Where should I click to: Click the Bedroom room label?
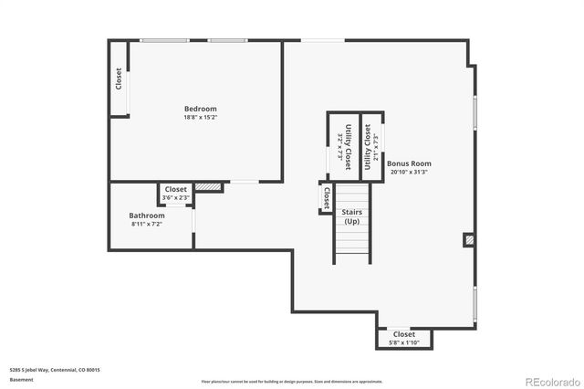click(201, 109)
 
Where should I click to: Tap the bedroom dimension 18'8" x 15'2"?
click(201, 117)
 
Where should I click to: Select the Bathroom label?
click(147, 216)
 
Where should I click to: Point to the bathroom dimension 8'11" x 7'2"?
click(147, 224)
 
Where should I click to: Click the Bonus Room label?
click(409, 163)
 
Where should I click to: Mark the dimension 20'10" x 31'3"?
click(409, 172)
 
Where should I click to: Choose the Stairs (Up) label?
click(352, 216)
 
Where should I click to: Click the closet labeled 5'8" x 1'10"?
click(403, 339)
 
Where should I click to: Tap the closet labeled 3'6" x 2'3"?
click(175, 194)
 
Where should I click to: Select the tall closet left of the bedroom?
click(119, 79)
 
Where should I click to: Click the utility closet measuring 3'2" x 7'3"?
click(344, 143)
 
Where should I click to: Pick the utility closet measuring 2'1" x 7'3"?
click(370, 143)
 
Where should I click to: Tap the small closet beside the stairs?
click(326, 197)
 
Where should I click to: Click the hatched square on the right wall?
click(469, 240)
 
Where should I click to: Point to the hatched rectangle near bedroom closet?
click(209, 187)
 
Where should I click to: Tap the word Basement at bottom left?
click(20, 379)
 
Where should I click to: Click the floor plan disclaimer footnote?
click(292, 382)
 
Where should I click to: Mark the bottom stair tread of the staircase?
click(352, 260)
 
